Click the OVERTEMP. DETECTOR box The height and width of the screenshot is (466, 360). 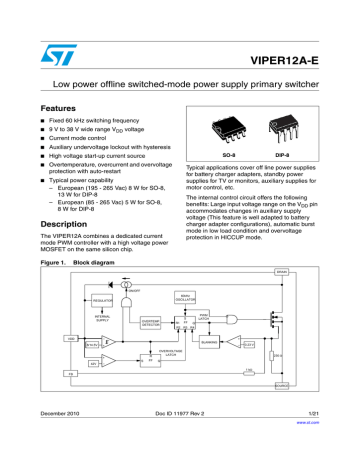pos(154,323)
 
